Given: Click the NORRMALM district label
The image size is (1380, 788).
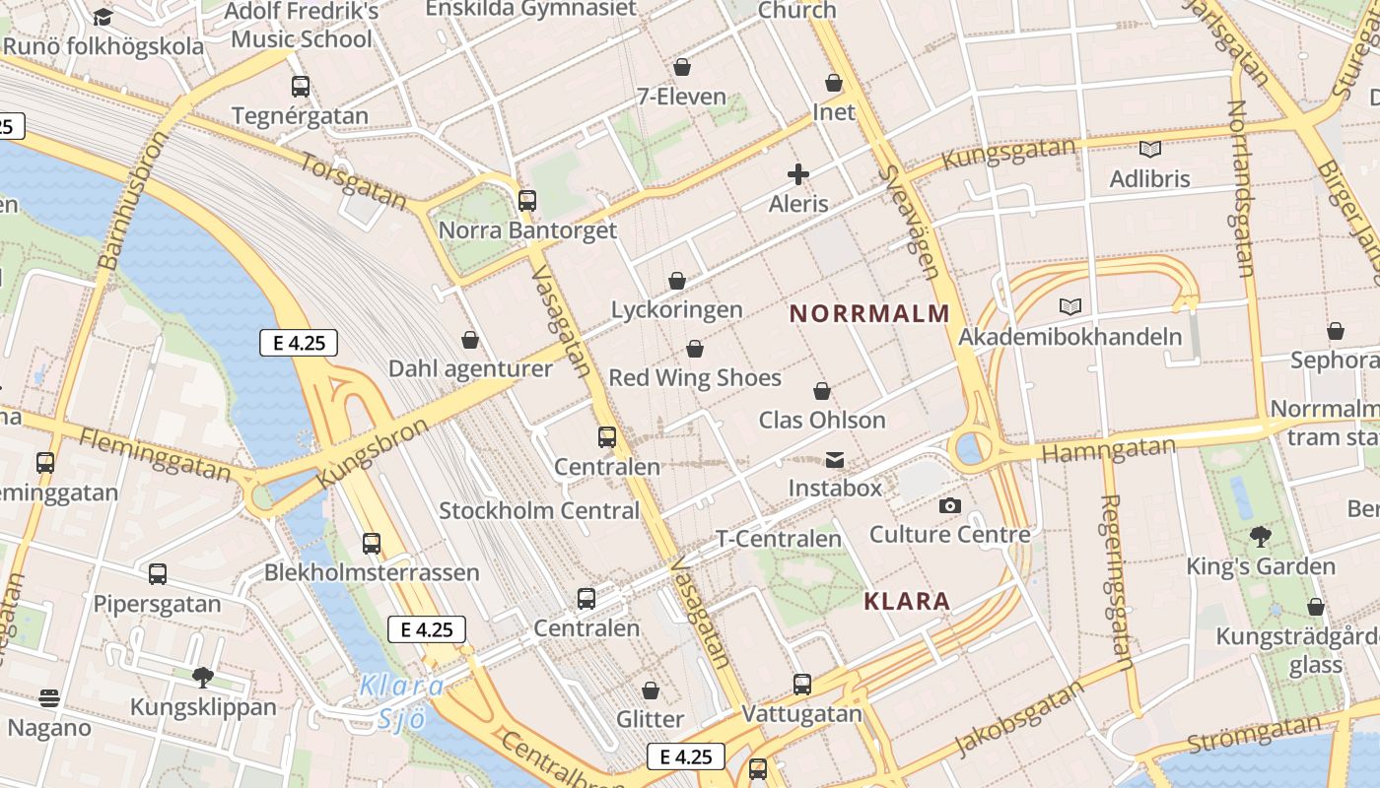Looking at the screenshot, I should click(x=869, y=314).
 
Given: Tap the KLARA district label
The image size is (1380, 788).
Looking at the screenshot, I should click(x=907, y=601).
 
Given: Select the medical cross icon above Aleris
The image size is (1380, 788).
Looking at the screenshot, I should click(x=798, y=175).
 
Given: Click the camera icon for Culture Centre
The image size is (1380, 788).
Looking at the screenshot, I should click(x=950, y=506).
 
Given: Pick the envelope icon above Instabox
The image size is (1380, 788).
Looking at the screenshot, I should click(x=835, y=460).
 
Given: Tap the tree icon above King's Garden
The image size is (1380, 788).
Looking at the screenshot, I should click(x=1260, y=537).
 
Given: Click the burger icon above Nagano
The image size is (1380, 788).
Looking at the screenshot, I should click(x=50, y=698).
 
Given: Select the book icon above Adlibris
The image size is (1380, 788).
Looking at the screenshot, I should click(x=1149, y=149).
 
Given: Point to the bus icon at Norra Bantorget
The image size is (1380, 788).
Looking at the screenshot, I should click(x=527, y=201).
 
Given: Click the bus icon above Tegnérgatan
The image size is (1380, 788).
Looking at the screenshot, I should click(x=301, y=87).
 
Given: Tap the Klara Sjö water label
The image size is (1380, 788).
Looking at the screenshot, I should click(x=401, y=701).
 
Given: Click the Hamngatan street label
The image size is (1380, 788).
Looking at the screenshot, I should click(x=1109, y=450).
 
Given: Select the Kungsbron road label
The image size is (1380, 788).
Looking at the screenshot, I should click(x=374, y=453).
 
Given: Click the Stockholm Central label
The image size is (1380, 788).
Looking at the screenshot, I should click(x=539, y=511).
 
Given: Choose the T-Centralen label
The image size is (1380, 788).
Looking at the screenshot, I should click(x=779, y=539).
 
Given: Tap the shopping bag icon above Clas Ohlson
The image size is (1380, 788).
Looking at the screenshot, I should click(x=822, y=391).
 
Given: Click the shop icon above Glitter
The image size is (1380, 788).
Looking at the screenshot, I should click(x=651, y=690).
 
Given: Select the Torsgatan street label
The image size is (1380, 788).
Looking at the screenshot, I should click(x=353, y=181).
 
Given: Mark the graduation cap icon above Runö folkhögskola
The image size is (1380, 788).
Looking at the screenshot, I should click(x=103, y=17).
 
